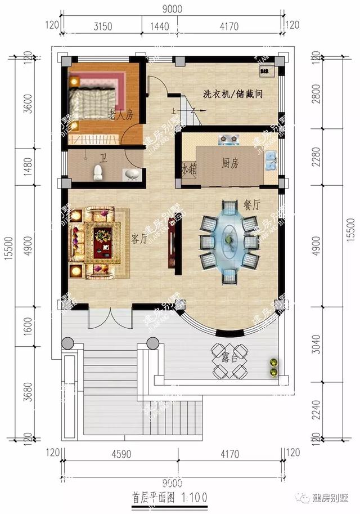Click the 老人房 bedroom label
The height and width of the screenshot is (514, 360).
point(120,115)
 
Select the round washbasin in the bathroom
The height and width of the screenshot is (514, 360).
point(131,175)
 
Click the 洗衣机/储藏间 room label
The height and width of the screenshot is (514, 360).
point(233,93)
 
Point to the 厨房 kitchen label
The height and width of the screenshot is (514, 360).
point(230,163)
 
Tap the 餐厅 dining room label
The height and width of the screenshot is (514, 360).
point(251,205)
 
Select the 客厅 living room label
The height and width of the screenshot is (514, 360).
point(139,238)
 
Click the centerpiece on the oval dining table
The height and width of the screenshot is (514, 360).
point(229,240)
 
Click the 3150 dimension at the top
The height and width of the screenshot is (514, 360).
point(102,25)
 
